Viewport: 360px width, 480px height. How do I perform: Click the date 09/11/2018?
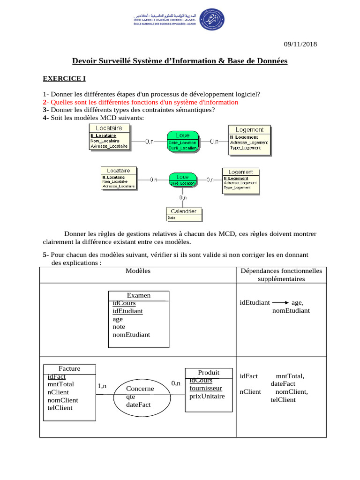pos(300,44)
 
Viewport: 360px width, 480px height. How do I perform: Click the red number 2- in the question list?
pos(45,102)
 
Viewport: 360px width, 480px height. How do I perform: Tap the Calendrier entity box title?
pos(185,211)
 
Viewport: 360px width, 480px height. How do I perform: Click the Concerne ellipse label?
pos(140,389)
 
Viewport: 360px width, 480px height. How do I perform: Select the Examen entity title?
pos(139,295)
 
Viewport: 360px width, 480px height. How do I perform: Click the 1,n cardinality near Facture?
pos(102,386)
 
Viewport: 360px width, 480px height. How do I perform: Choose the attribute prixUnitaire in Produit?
pos(207,396)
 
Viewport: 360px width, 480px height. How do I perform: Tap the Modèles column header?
pos(138,271)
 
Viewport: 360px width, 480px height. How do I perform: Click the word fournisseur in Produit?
pos(206,388)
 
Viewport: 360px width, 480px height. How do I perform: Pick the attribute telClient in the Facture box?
pos(60,407)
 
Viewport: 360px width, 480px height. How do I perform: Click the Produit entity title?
pos(209,372)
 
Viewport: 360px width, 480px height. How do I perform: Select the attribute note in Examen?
pos(119,327)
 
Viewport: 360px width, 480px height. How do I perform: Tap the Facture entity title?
pos(69,368)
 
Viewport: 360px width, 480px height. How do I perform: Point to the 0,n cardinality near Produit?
pos(176,383)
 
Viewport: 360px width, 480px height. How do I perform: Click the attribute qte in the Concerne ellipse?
pos(130,397)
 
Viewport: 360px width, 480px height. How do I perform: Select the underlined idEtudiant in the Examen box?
pos(127,311)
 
